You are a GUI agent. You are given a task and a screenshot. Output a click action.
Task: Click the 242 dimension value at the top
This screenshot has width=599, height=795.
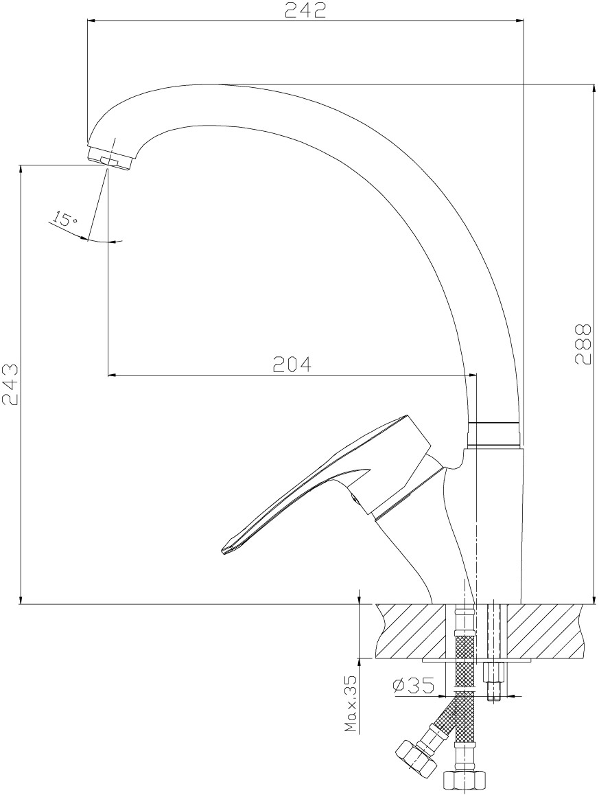pos(305,10)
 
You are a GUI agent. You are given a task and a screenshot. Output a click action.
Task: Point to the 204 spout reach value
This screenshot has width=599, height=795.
pos(291,364)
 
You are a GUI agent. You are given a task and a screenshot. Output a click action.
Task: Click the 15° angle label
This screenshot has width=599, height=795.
pos(64,220)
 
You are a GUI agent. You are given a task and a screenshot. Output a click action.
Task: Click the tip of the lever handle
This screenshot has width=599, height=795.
pos(224,552)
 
